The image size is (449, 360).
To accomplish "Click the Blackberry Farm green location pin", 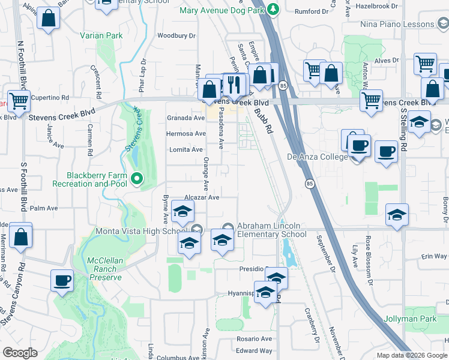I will pyautogui.click(x=137, y=178).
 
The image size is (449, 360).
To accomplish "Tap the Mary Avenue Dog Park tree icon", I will pyautogui.click(x=273, y=10).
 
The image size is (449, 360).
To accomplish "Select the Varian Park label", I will pyautogui.click(x=101, y=36).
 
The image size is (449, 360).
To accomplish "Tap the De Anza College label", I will pyautogui.click(x=318, y=157).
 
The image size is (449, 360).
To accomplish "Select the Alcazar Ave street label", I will pyautogui.click(x=202, y=197).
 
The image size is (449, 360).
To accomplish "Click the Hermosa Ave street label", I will pyautogui.click(x=185, y=134).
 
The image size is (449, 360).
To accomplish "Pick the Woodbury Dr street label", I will pyautogui.click(x=176, y=36).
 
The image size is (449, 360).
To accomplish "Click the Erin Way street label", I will pyautogui.click(x=434, y=256).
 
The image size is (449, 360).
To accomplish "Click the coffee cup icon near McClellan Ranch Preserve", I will pyautogui.click(x=62, y=280).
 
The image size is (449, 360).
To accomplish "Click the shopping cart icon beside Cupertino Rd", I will pyautogui.click(x=19, y=101).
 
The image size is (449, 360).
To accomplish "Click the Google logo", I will pyautogui.click(x=20, y=353).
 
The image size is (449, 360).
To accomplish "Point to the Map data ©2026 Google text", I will pyautogui.click(x=412, y=355).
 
